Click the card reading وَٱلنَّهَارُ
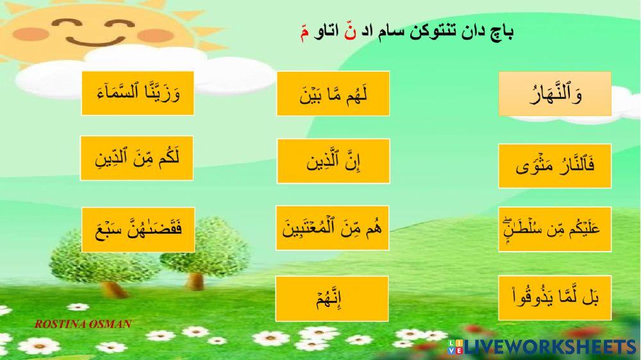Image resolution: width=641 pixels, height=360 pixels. click(554, 94)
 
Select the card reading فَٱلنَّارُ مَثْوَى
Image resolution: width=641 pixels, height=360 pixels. click(554, 166)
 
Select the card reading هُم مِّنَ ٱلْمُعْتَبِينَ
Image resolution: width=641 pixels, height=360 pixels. click(333, 228)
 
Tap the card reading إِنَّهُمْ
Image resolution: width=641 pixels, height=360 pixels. click(333, 299)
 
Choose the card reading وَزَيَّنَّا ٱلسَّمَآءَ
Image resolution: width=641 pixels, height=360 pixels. click(137, 94)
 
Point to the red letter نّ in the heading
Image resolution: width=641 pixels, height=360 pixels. click(349, 31)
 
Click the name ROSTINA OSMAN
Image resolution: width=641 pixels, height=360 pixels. click(83, 324)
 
